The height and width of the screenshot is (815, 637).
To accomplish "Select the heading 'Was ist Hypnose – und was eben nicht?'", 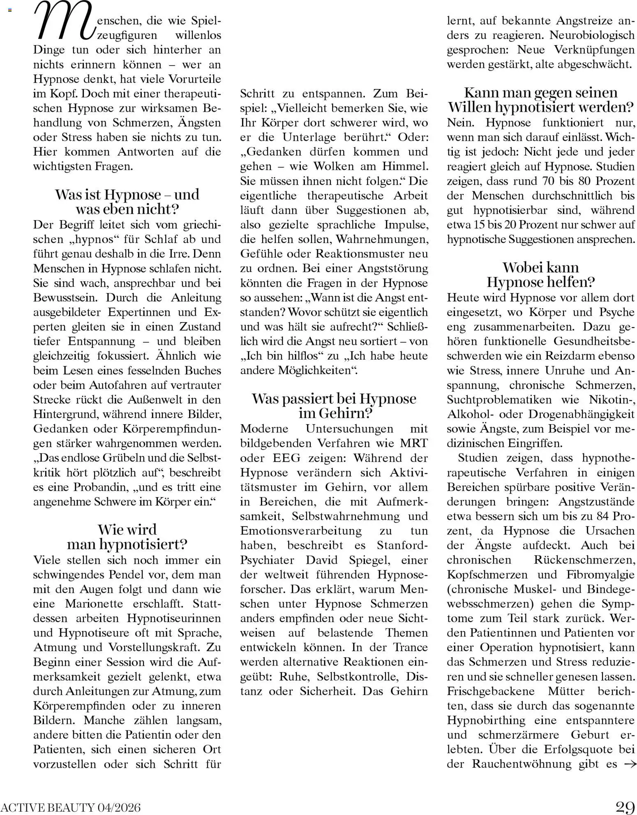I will point(127,202).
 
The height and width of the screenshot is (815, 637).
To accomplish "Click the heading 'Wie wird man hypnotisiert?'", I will point(127,537).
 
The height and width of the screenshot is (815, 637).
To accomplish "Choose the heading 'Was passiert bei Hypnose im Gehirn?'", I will point(334,406).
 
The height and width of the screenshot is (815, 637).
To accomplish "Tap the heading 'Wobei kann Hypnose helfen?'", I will point(540,275).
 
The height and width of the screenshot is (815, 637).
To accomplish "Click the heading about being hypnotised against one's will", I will point(540,100).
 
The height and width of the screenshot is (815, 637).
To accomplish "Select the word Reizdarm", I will point(569,356).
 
